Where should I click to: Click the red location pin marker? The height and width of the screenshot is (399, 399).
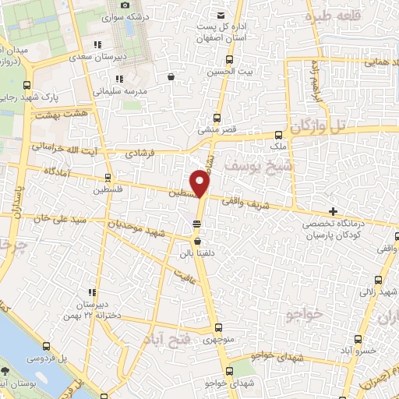pyautogui.click(x=201, y=184)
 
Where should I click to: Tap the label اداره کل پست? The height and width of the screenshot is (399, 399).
pyautogui.click(x=222, y=27)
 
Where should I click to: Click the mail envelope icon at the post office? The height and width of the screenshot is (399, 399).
pyautogui.click(x=222, y=16)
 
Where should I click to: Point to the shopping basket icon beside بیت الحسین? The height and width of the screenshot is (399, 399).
pyautogui.click(x=171, y=76)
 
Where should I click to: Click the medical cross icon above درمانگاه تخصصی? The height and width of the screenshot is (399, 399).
pyautogui.click(x=333, y=211)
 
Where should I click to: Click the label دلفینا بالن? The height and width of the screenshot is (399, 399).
pyautogui.click(x=196, y=253)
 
